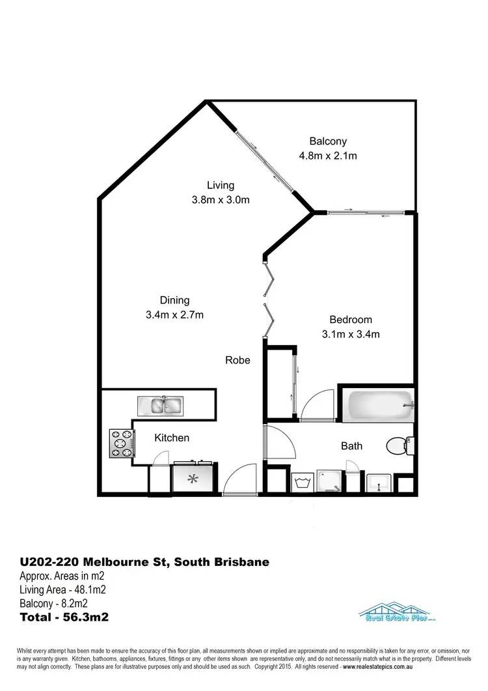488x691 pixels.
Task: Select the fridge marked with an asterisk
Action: [x=193, y=480]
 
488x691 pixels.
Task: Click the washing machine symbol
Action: [x=303, y=483]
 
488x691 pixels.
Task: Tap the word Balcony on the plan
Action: [x=328, y=141]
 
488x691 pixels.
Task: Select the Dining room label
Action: [x=174, y=300]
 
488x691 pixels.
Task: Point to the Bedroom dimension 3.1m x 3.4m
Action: [x=351, y=335]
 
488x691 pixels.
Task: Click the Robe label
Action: [x=237, y=360]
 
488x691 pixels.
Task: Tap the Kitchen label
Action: [x=172, y=438]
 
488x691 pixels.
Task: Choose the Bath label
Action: [x=352, y=446]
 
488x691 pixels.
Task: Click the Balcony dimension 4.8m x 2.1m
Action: [x=328, y=156]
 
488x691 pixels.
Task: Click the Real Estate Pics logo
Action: [x=397, y=614]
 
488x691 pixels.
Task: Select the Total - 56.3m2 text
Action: [x=64, y=615]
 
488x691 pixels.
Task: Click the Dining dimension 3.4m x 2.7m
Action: [x=174, y=315]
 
